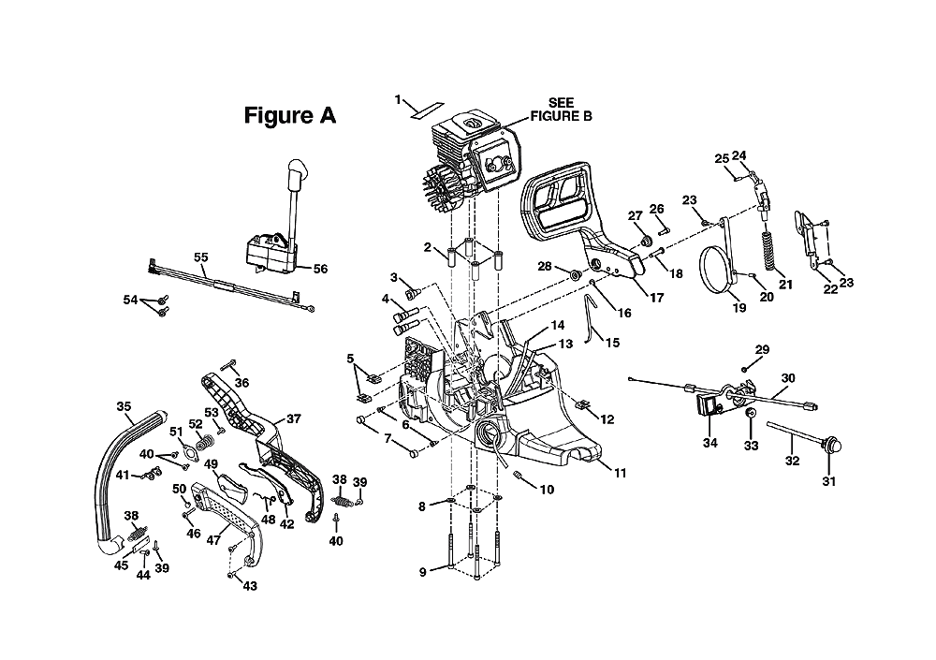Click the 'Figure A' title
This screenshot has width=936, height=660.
click(x=290, y=115)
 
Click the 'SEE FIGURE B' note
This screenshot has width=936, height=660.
click(x=561, y=110)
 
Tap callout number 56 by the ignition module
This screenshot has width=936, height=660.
click(x=320, y=269)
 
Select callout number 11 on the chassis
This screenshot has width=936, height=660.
click(x=621, y=473)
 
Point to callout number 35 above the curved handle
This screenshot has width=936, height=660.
click(x=124, y=406)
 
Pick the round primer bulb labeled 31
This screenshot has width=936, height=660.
click(x=830, y=446)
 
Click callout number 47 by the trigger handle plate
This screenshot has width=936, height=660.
click(x=213, y=540)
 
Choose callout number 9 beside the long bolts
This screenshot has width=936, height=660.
click(x=423, y=572)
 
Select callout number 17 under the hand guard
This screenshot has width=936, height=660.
click(x=657, y=298)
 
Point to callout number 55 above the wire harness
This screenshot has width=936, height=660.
click(x=201, y=257)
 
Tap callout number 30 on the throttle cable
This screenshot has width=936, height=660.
click(x=788, y=378)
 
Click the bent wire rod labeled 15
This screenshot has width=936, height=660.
click(x=591, y=316)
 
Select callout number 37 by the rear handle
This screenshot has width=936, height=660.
click(x=294, y=418)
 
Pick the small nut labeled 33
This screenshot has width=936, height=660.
click(x=751, y=414)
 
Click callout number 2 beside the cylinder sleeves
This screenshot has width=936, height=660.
click(x=428, y=246)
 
